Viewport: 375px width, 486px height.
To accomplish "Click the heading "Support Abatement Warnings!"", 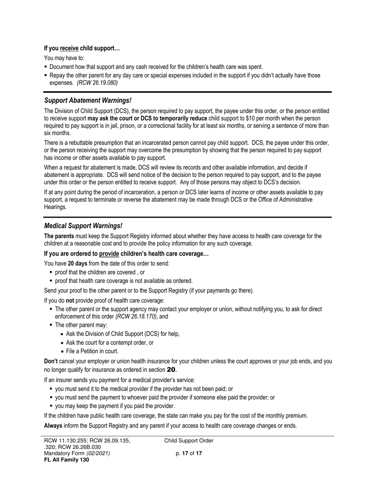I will point(88,100).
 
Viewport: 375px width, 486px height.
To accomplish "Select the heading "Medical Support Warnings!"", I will point(83,226).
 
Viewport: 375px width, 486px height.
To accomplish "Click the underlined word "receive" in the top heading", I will point(69,49).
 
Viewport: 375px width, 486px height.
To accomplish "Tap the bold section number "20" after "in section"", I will point(171,370).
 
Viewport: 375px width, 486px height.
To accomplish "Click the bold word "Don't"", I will point(51,361).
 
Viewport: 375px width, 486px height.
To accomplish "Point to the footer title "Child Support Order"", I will point(189,441).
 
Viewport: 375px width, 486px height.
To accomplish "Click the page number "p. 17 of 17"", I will point(189,453).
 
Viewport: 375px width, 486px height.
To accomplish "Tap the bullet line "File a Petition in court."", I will point(92,351).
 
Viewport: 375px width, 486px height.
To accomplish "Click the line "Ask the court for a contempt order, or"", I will point(110,343).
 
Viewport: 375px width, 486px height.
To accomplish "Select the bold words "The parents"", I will point(59,236).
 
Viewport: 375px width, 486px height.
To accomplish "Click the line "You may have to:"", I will point(64,58).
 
